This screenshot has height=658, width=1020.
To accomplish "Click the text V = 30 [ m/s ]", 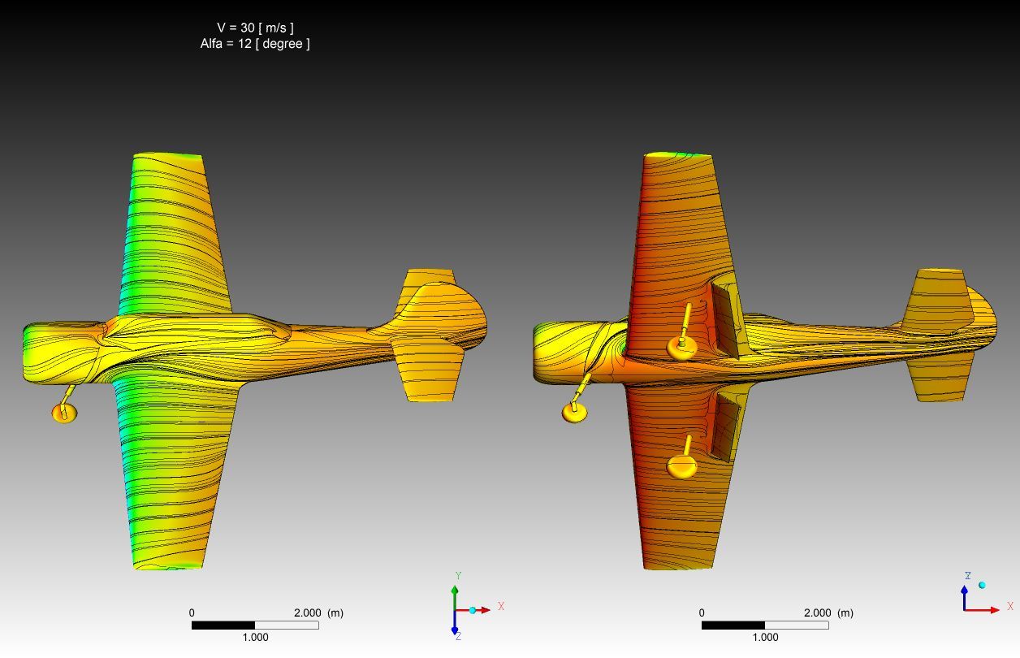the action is point(256,28).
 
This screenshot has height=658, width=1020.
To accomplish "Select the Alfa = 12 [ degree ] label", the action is point(255,44).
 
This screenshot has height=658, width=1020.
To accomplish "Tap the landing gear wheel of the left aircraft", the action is point(64,413).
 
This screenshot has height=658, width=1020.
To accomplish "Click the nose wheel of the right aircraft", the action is point(575,413).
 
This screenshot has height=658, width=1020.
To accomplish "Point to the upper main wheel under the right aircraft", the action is point(681,348).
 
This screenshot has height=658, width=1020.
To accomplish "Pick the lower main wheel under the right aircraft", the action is point(681,467).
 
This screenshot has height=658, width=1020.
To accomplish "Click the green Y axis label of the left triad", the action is point(459,576).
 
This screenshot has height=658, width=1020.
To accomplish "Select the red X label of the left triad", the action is point(501,606).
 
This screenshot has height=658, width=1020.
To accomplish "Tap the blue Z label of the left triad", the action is point(459,636).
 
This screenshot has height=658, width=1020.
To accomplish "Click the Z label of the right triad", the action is point(968,576).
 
